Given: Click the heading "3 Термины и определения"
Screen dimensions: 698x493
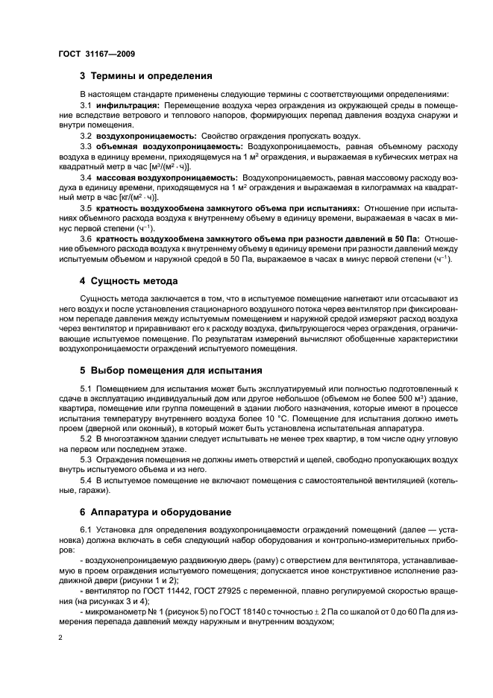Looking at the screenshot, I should pos(146,75).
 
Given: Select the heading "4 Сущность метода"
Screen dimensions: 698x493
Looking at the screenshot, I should pos(128,281).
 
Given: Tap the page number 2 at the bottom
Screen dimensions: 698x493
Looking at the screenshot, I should pos(61,638).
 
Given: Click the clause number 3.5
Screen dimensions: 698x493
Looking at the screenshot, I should pos(86,208).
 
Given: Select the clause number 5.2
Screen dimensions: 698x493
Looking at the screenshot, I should pos(86,438).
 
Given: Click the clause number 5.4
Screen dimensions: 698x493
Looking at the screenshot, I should pos(86,480).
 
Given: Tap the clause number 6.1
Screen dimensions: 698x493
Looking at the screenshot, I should pos(86,530).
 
